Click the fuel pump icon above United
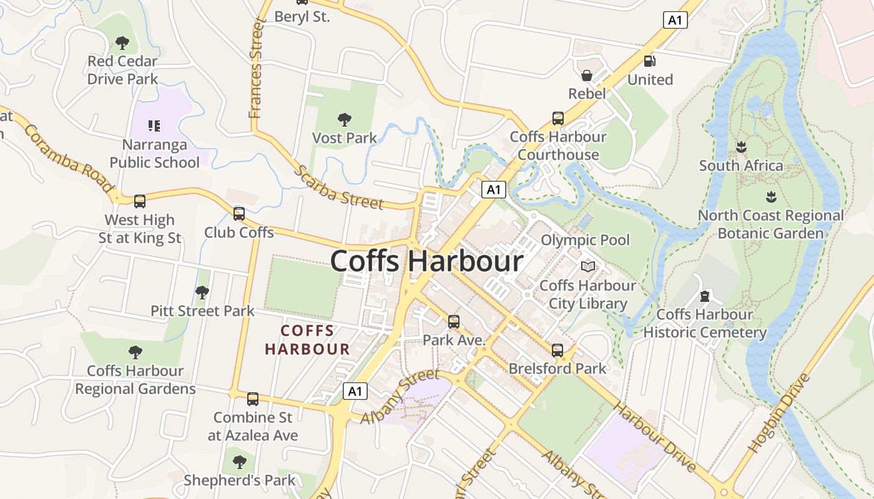point(649,61)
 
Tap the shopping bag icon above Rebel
point(587,75)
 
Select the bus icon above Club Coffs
point(239,214)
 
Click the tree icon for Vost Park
point(344,119)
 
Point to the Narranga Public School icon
point(154,126)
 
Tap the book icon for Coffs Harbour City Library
point(587,267)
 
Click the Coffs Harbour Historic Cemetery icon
point(705,296)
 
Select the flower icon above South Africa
point(741,147)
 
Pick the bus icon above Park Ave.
point(454,322)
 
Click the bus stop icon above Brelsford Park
point(557,350)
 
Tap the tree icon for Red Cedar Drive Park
point(122,43)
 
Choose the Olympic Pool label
point(585,240)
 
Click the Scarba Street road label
point(338,187)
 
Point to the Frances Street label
point(256,69)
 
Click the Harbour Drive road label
point(654,437)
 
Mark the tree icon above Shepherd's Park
point(239,462)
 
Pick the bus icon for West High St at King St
point(140,201)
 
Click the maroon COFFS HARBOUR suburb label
point(307,340)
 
